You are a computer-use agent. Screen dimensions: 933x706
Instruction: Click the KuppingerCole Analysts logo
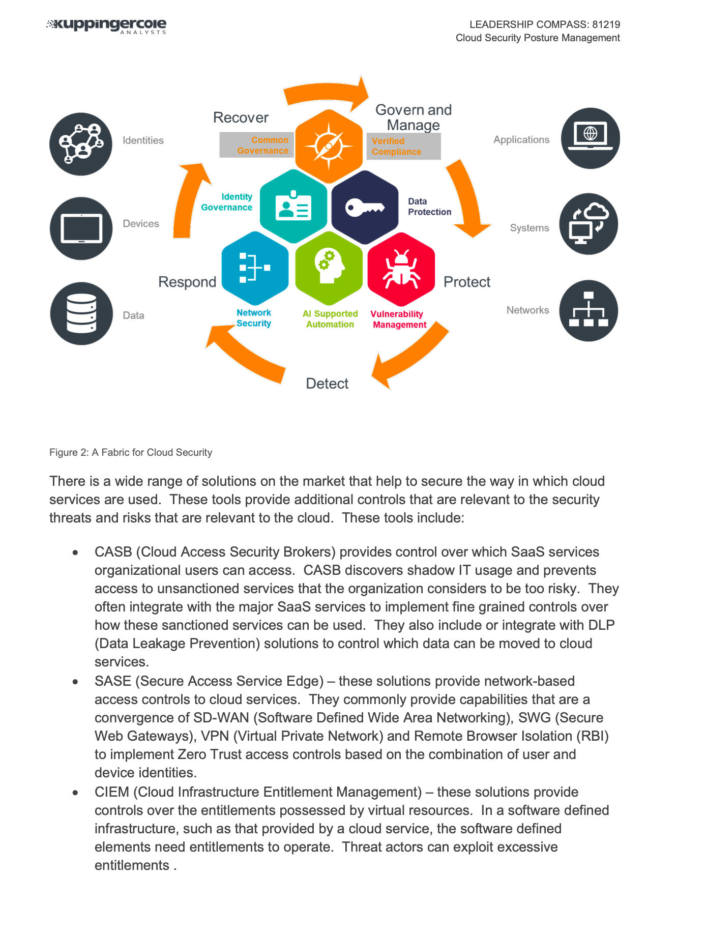tap(107, 25)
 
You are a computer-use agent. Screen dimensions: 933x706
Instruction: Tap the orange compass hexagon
tap(329, 147)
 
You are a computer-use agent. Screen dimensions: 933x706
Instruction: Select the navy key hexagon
tap(365, 207)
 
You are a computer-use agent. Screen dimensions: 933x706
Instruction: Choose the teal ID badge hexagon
tap(293, 207)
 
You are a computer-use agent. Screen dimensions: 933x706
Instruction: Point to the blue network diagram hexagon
tap(255, 268)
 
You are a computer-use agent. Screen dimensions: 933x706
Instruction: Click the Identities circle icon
tap(81, 144)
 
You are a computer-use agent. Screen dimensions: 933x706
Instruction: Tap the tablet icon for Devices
tap(81, 228)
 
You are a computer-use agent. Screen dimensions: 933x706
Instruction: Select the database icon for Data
tap(81, 313)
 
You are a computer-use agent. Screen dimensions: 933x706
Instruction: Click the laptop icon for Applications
tap(590, 138)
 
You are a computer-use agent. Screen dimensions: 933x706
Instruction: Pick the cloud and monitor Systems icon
tap(589, 224)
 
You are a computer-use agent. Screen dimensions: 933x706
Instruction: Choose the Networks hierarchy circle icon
tap(589, 310)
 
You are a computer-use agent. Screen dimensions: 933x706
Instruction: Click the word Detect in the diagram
tap(327, 384)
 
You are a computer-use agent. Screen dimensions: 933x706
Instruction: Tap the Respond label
tap(187, 282)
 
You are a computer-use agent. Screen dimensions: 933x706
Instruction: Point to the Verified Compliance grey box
tap(403, 147)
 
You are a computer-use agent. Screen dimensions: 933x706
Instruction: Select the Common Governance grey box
tap(257, 145)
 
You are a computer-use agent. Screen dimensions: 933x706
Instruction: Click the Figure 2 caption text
tap(131, 452)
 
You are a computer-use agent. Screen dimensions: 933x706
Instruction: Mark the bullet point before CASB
tap(75, 552)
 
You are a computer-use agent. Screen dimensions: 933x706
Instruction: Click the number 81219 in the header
tap(606, 24)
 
